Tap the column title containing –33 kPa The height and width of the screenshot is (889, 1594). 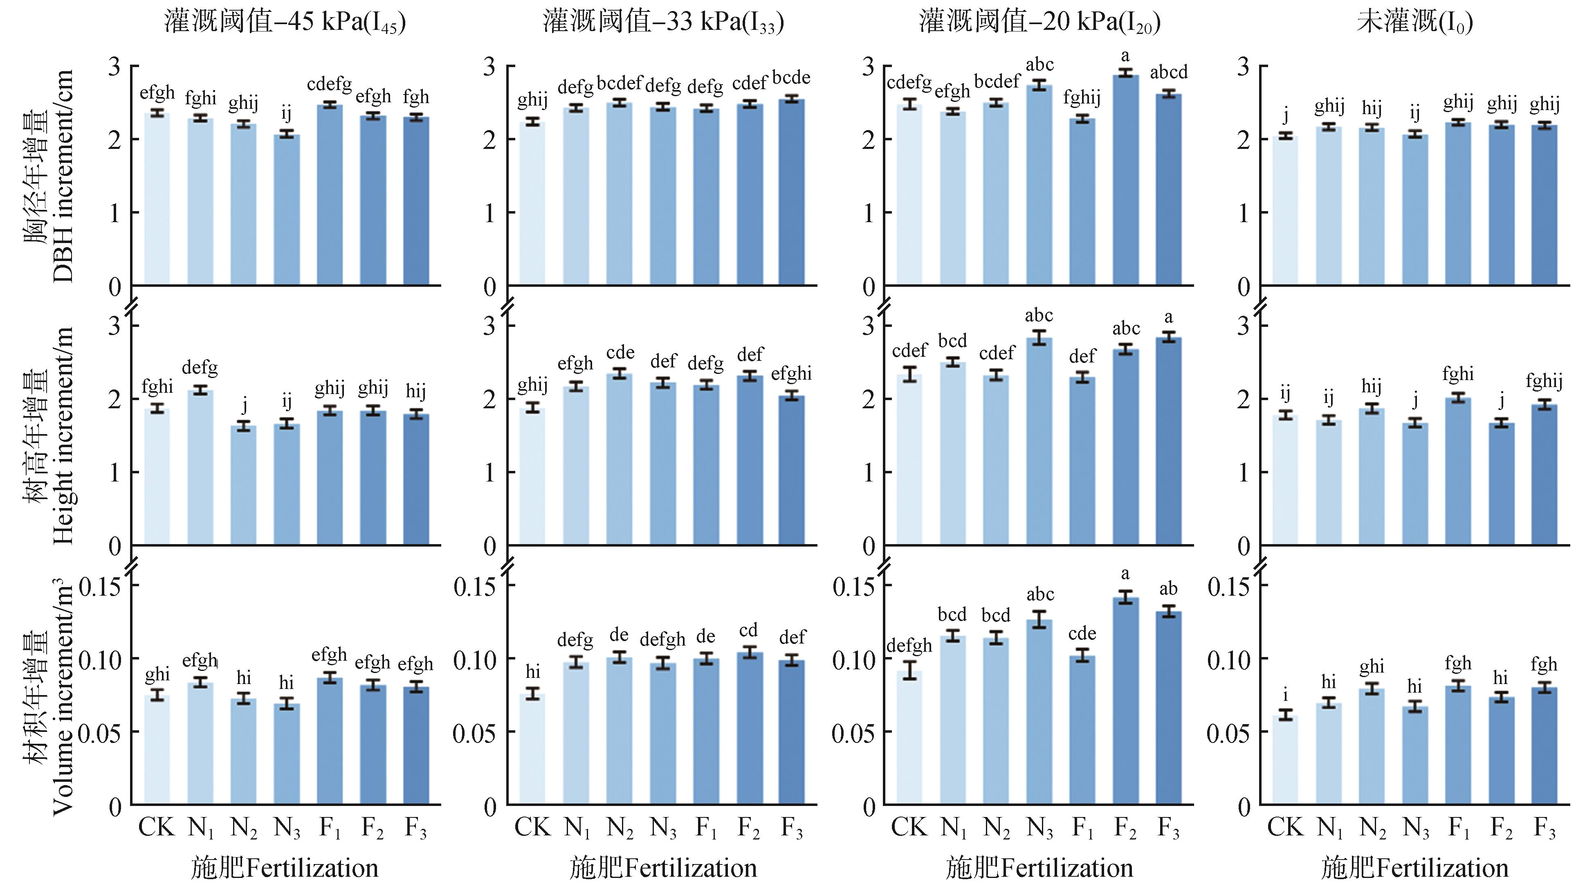[663, 22]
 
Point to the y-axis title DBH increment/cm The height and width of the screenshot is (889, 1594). [63, 176]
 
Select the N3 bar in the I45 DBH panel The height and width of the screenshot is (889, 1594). [287, 210]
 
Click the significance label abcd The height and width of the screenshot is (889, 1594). [1169, 72]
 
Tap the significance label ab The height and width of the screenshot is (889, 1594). [1168, 588]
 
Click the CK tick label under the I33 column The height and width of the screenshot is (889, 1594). [532, 827]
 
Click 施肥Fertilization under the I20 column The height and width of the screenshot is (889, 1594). [1039, 868]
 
